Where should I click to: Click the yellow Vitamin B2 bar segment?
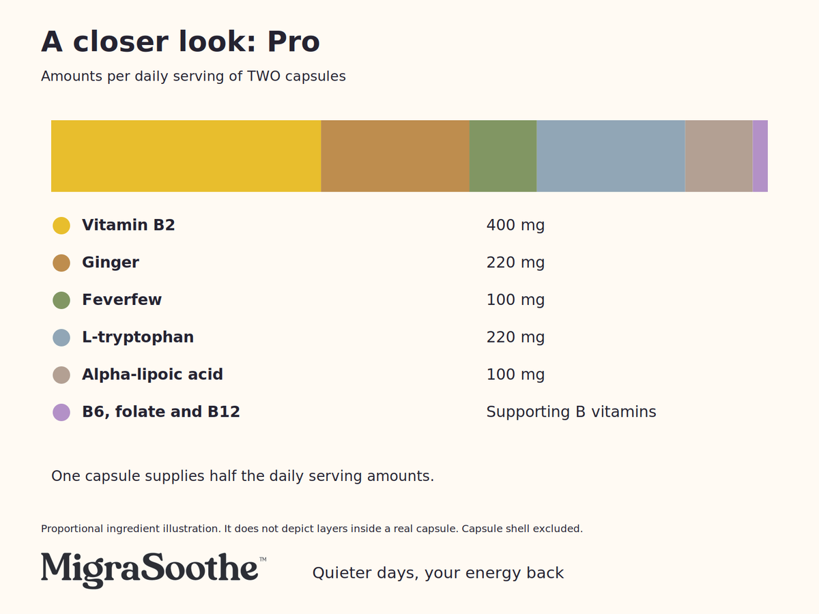point(186,156)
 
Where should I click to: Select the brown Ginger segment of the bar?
point(395,156)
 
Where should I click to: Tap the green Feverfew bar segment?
point(503,156)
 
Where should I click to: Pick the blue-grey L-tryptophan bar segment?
point(611,156)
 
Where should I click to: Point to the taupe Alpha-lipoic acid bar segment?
point(719,156)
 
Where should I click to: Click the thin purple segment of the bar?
point(760,156)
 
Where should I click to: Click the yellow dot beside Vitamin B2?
point(61,226)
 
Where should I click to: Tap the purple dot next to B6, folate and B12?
point(61,412)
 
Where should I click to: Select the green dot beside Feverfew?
point(61,300)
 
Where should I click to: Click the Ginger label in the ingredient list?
point(111,263)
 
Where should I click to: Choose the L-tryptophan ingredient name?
point(138,338)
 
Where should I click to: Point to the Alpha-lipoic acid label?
point(152,375)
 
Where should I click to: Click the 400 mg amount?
point(515,226)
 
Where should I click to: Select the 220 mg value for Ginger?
point(515,263)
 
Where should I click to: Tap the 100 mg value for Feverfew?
point(515,300)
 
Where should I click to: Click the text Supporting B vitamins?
point(571,412)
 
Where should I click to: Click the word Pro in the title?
point(293,42)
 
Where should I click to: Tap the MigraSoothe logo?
point(149,570)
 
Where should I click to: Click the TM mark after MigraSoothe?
point(263,559)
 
